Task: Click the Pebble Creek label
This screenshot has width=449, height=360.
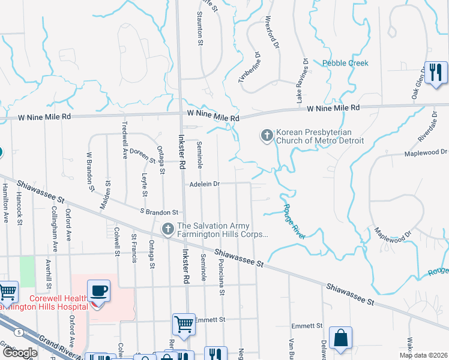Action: [x=345, y=63]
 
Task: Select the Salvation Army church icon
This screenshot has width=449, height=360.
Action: [x=168, y=229]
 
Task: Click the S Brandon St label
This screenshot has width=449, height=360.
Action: [x=159, y=212]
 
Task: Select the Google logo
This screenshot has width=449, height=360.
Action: [x=20, y=353]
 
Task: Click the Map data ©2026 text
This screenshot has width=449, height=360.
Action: [x=423, y=355]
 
